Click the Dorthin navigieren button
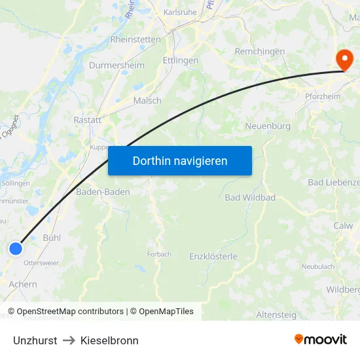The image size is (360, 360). point(180,161)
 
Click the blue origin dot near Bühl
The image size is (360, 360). point(16,248)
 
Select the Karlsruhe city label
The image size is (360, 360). point(180,12)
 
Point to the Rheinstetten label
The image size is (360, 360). point(135,39)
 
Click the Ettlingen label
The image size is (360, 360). point(180,60)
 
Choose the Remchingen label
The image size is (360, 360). point(260,52)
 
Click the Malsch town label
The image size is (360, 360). point(147,101)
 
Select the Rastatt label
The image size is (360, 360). point(88,120)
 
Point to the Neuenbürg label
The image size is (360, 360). point(267,126)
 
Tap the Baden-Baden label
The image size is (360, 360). point(103,192)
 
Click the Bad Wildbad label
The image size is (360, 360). point(250,197)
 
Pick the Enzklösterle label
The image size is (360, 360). point(213,257)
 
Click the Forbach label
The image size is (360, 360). point(159,254)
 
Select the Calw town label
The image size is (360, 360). point(343,226)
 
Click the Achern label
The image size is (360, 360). point(23,285)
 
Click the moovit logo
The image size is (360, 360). point(320,340)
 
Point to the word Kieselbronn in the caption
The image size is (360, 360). point(109,340)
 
